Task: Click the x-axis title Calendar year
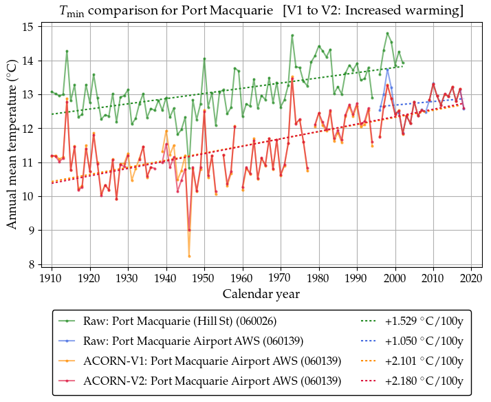tap(261, 294)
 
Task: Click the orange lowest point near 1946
tap(189, 256)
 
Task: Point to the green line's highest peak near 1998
tap(388, 33)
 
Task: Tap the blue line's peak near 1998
tap(388, 69)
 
